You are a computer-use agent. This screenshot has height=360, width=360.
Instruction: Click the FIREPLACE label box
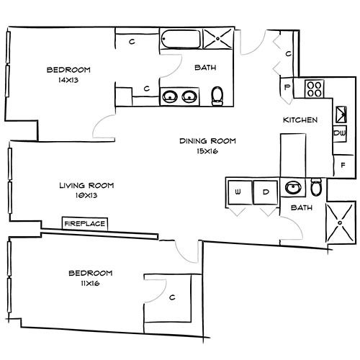pyautogui.click(x=85, y=224)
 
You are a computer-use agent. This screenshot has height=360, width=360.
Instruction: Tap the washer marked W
pyautogui.click(x=238, y=192)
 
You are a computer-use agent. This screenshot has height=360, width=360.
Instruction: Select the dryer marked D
pyautogui.click(x=264, y=192)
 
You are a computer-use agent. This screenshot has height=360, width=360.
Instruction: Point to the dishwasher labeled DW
pyautogui.click(x=339, y=132)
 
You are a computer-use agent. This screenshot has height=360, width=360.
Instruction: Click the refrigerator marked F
pyautogui.click(x=342, y=164)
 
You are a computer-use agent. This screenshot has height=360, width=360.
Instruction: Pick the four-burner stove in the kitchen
pyautogui.click(x=314, y=89)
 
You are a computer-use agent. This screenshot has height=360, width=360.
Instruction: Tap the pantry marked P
pyautogui.click(x=288, y=88)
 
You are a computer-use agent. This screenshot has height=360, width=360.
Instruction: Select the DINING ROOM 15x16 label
pyautogui.click(x=207, y=145)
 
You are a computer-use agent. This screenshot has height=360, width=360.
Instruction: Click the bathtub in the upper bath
pyautogui.click(x=180, y=38)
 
